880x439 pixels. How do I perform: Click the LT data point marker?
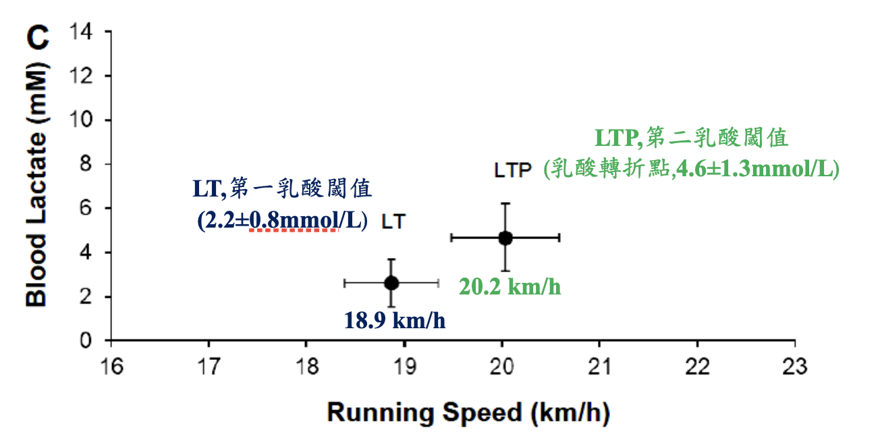[391, 283]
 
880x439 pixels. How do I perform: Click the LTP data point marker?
[505, 238]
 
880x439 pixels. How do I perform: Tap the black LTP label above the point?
[513, 170]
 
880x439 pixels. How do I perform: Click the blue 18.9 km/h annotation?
[395, 320]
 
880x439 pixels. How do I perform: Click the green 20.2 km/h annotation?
[510, 287]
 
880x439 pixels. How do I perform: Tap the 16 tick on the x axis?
[111, 369]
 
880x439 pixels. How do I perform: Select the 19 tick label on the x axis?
[404, 369]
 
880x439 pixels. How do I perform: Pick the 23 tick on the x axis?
[794, 369]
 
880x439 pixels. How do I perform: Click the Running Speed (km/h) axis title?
[468, 413]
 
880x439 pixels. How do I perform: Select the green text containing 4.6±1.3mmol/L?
[691, 169]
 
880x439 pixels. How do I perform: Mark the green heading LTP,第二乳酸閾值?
[691, 138]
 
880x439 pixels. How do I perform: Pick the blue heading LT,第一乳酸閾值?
[282, 189]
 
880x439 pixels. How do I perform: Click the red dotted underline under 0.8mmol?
[292, 231]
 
